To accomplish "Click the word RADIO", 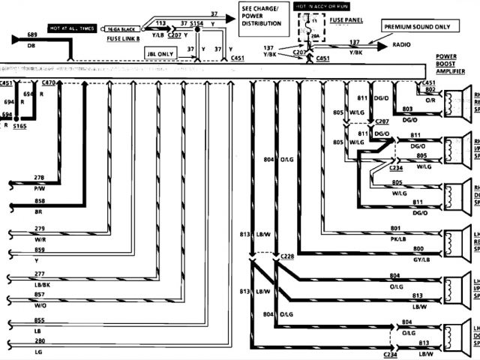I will click(401, 46).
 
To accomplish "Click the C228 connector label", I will click(287, 256).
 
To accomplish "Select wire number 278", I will click(40, 177).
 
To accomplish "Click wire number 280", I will click(40, 341).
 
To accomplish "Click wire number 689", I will click(31, 35).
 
